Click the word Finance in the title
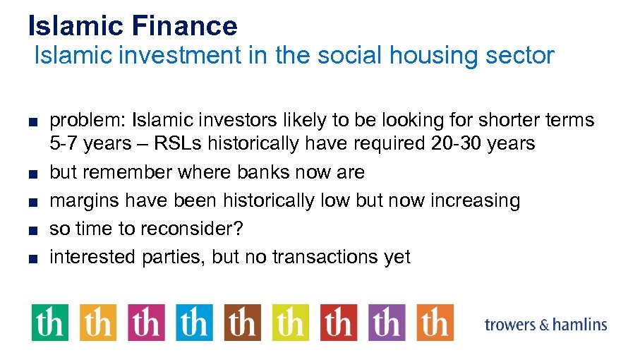click(184, 26)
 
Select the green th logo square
click(50, 323)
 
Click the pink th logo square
click(146, 323)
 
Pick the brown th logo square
click(242, 323)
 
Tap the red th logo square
click(338, 323)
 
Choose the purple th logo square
click(386, 323)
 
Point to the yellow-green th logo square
click(290, 323)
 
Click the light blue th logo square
click(194, 323)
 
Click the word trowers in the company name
click(510, 325)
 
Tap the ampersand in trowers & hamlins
click(544, 325)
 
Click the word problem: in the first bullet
click(87, 121)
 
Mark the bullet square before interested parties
click(33, 258)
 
